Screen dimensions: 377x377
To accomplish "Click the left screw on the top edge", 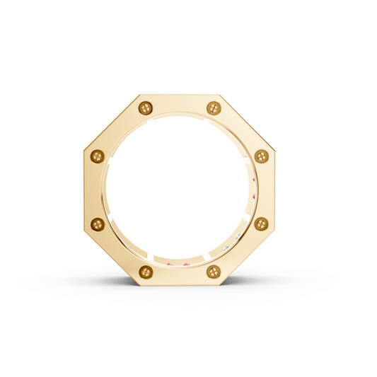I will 146,108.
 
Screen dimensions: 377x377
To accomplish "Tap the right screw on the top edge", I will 214,108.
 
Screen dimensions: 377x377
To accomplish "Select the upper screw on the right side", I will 261,156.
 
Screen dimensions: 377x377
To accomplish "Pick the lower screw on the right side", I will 261,224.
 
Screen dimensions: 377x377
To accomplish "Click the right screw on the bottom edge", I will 214,272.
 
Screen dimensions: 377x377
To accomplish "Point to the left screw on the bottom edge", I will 146,272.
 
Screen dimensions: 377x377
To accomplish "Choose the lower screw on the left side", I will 98,224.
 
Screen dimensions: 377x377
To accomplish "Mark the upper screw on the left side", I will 98,156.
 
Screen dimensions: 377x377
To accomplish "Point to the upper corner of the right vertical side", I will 275,150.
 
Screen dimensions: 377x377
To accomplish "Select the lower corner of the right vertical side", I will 275,231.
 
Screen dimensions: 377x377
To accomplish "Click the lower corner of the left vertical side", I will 84,231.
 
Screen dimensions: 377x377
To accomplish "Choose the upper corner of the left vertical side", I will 84,150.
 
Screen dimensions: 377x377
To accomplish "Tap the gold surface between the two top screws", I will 180,106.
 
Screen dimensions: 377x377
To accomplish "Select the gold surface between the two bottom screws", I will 180,275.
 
